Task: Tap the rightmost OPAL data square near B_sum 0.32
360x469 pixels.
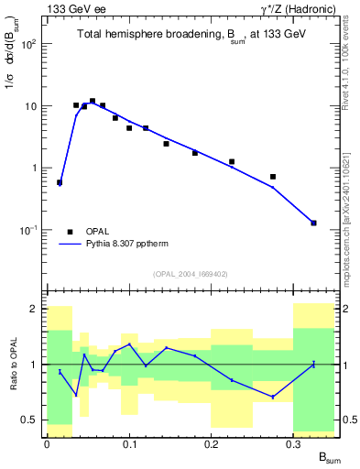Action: tap(313, 223)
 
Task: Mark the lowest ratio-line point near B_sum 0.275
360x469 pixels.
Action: tap(273, 397)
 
